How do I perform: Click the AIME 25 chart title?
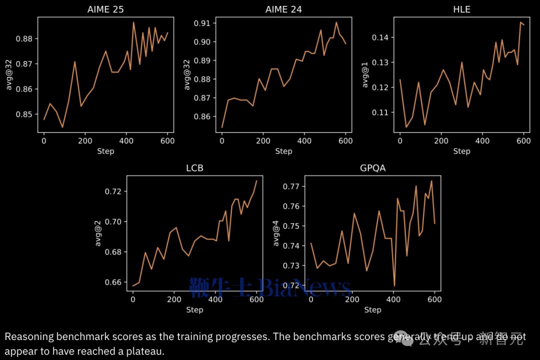pos(105,9)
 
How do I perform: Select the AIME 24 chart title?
pos(283,9)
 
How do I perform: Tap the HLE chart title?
pos(461,9)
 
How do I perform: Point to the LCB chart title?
pos(194,168)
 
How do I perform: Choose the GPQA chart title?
pos(372,168)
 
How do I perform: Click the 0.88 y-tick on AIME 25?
pos(25,39)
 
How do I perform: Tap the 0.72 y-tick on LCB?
pos(114,191)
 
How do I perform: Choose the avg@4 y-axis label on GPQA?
pos(276,233)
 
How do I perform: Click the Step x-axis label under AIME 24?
pos(283,151)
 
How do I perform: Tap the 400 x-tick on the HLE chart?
pos(482,141)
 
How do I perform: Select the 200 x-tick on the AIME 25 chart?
pos(85,141)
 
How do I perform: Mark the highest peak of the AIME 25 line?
pos(133,22)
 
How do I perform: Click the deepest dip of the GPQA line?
pos(394,286)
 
